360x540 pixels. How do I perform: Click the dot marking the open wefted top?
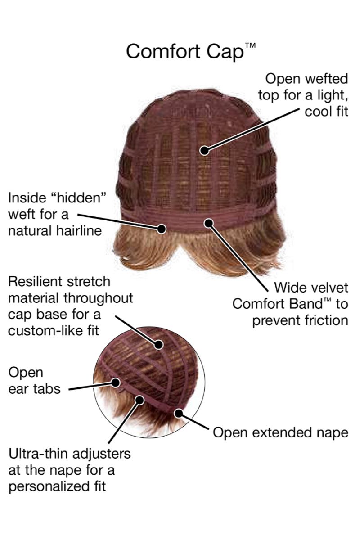204,150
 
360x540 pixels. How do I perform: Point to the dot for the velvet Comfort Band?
209,223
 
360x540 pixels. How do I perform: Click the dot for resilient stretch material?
159,345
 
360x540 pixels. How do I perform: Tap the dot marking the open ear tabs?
116,382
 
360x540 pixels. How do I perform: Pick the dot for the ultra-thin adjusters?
139,400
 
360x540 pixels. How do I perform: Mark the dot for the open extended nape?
179,414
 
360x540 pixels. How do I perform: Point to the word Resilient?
36,282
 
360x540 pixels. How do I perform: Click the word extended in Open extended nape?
282,432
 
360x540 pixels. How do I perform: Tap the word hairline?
79,231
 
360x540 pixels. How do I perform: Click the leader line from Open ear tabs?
90,386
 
